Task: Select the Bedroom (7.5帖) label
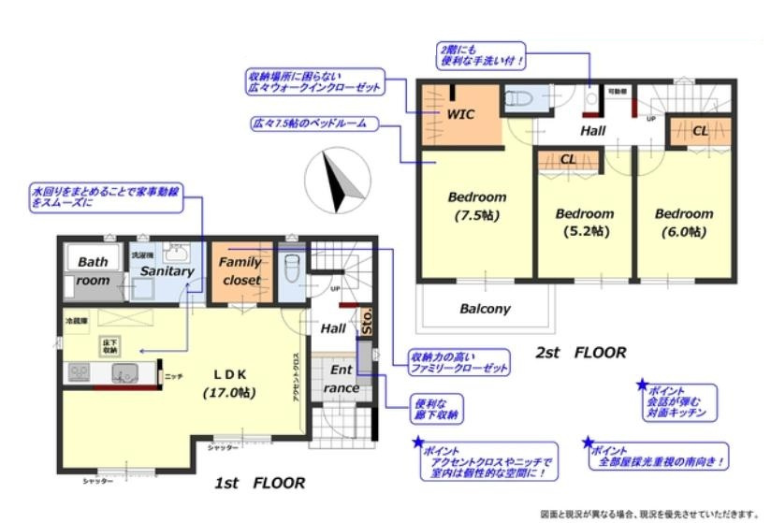[x=476, y=206]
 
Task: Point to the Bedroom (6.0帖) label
[x=683, y=221]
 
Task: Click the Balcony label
[x=485, y=308]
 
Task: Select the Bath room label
[x=93, y=271]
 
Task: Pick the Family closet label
[x=240, y=271]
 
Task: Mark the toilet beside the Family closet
[x=291, y=268]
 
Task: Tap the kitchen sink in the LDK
[x=124, y=373]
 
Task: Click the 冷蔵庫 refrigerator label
[x=76, y=320]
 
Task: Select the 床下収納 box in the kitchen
[x=109, y=345]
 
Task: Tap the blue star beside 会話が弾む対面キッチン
[x=642, y=385]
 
